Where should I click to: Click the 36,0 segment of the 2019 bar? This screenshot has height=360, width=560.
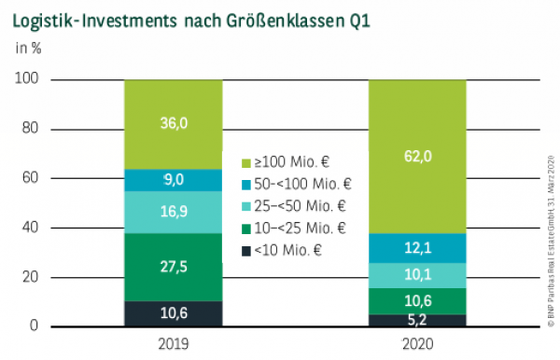[x=173, y=124]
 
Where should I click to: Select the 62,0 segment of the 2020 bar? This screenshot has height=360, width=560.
[x=417, y=156]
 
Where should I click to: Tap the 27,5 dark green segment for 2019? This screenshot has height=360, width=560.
[x=173, y=266]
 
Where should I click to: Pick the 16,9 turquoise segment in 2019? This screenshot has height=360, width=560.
[x=173, y=212]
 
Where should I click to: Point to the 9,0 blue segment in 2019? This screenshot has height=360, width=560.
[x=173, y=180]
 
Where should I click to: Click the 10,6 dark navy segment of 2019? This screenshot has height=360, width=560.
[x=173, y=313]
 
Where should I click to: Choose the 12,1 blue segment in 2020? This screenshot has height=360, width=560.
[x=417, y=247]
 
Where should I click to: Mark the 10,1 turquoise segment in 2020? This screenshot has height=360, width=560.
[x=417, y=275]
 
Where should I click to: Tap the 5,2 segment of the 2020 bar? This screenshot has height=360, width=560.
[x=417, y=320]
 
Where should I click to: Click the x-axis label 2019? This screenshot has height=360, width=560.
[x=173, y=343]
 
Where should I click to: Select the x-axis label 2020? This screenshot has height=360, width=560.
[x=417, y=343]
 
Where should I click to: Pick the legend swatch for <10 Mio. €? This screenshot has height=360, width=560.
[x=246, y=251]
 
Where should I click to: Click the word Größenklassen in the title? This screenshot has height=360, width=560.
[x=275, y=19]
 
